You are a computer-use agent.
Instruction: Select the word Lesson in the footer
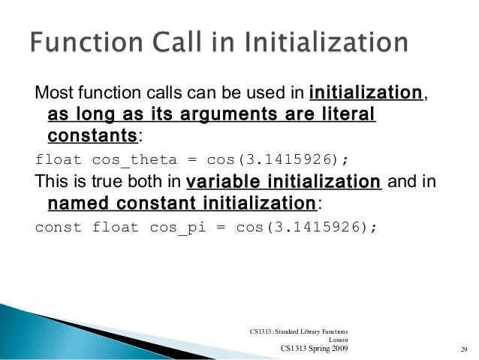337,340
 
